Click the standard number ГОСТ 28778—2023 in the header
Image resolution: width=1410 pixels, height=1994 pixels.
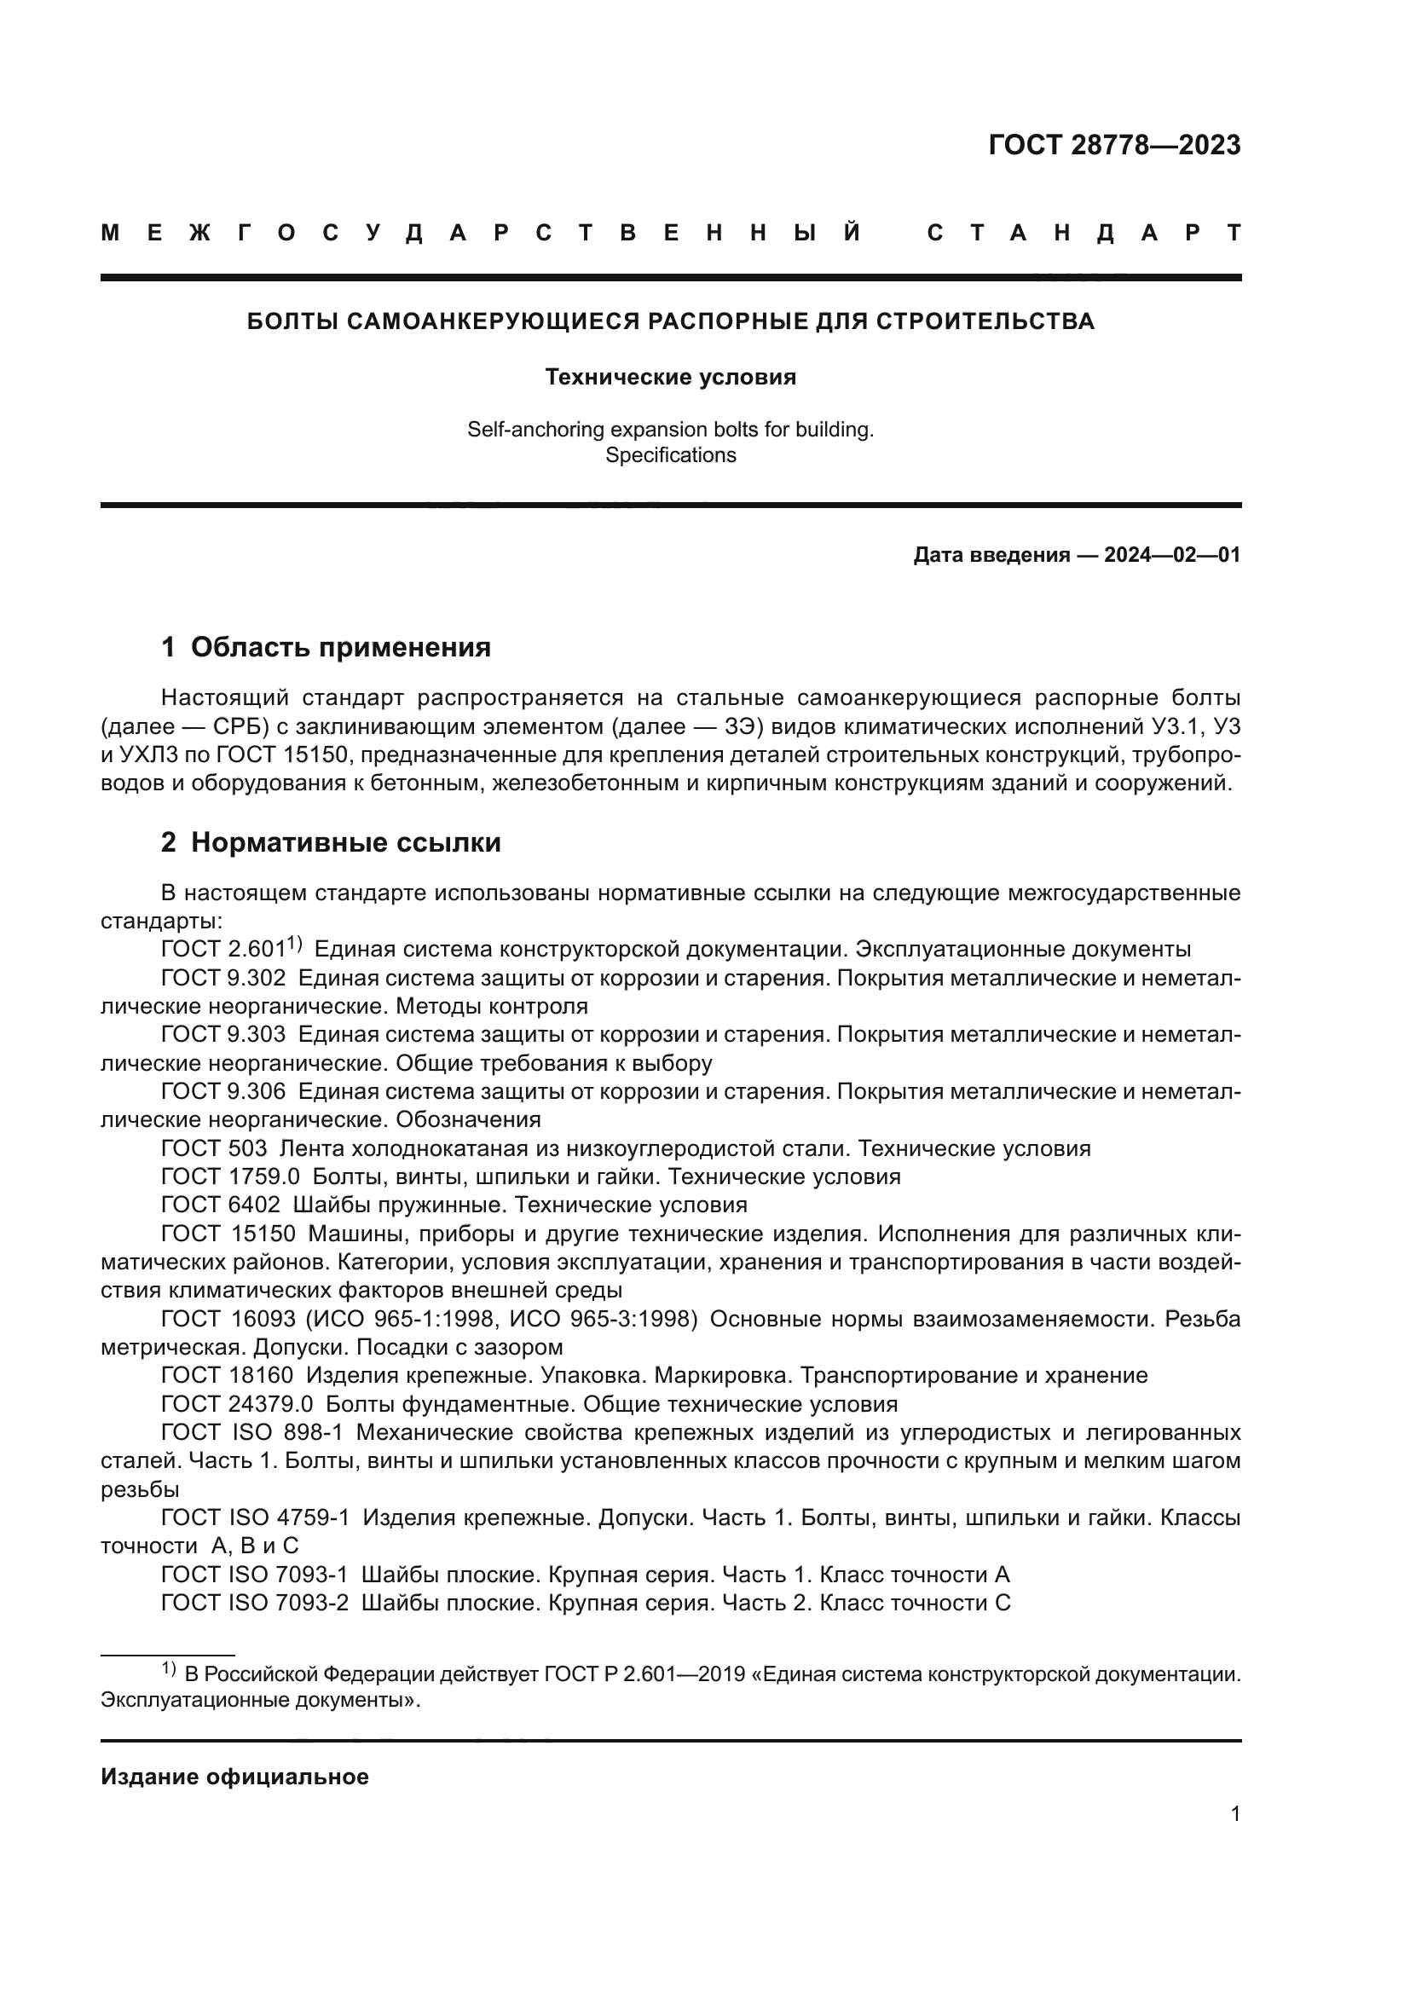pos(1114,145)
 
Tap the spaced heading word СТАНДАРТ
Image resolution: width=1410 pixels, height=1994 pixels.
pos(1084,233)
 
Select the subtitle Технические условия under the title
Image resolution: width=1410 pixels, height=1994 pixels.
pos(670,377)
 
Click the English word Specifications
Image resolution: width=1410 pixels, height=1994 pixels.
pos(670,455)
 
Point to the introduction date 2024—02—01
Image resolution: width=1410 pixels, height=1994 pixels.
pos(1172,555)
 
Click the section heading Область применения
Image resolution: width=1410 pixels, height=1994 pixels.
pos(340,647)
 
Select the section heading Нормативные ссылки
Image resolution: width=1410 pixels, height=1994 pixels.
pos(345,842)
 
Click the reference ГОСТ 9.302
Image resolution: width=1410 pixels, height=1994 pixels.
pos(223,978)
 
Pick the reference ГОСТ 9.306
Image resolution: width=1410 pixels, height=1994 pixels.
pos(223,1092)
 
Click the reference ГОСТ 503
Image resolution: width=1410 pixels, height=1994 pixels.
pos(214,1149)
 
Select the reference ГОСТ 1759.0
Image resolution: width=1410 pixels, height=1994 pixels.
pos(230,1176)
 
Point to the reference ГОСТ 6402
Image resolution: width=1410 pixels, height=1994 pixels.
pos(221,1205)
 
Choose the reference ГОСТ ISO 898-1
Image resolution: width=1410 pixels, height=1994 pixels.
pos(252,1432)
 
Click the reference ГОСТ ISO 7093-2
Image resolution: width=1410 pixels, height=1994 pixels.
pos(255,1603)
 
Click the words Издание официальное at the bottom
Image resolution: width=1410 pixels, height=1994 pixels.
pos(234,1777)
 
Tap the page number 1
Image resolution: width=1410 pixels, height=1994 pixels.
pos(1234,1813)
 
